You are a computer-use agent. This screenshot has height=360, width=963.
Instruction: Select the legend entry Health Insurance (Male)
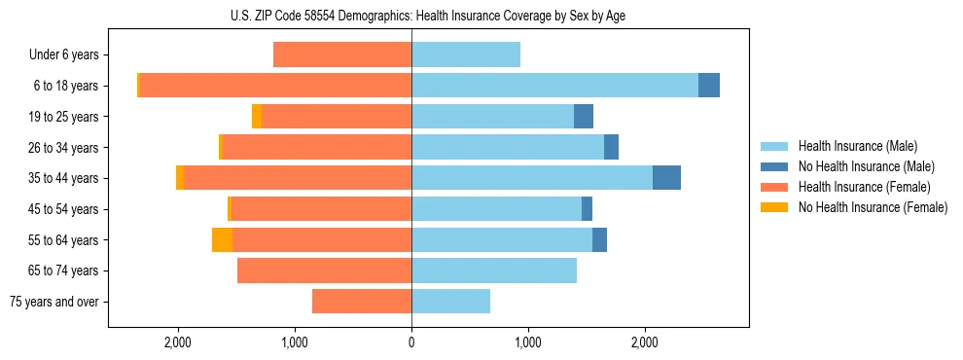857,146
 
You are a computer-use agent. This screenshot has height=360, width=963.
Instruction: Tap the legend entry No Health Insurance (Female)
873,207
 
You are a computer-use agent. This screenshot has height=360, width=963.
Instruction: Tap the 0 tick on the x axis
411,342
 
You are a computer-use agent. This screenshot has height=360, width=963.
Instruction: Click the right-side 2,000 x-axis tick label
645,342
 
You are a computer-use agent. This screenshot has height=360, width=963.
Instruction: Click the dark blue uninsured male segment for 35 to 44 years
666,178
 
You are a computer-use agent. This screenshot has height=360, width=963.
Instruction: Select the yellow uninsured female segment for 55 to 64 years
222,239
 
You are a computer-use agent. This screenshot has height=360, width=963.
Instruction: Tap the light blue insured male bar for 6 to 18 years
554,86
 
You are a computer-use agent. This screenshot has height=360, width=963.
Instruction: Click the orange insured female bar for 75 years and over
362,302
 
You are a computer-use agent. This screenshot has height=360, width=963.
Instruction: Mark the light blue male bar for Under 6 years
466,54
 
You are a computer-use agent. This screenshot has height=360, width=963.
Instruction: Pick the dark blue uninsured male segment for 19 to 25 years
584,117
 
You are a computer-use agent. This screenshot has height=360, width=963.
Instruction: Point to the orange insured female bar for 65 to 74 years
324,270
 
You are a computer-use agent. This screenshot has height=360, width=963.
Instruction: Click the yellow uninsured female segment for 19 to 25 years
257,117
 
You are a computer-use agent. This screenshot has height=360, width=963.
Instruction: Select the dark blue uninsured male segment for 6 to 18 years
709,86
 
